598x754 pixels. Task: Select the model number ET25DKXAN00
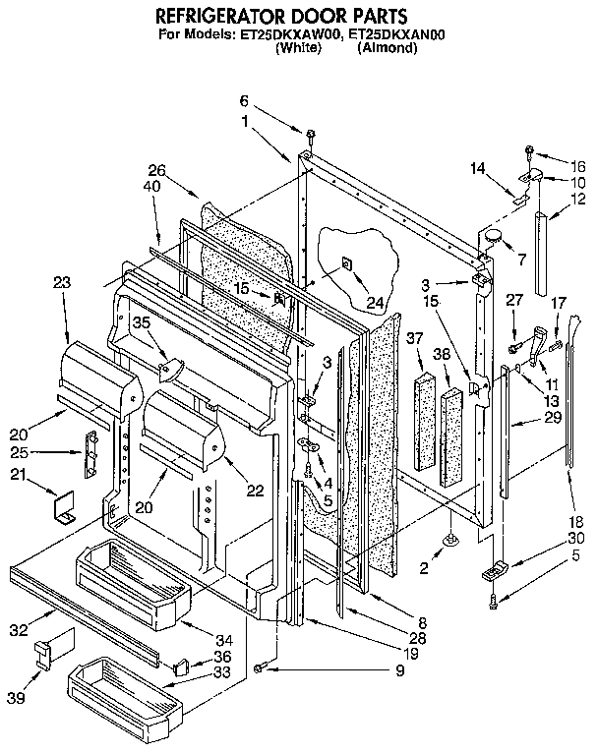tap(389, 34)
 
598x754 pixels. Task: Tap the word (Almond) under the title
tap(388, 47)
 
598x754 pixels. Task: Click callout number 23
tap(62, 282)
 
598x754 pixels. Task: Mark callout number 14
tap(478, 169)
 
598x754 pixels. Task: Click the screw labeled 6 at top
tap(310, 135)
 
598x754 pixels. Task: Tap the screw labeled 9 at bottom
tap(257, 668)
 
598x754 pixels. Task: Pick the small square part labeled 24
tap(347, 264)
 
